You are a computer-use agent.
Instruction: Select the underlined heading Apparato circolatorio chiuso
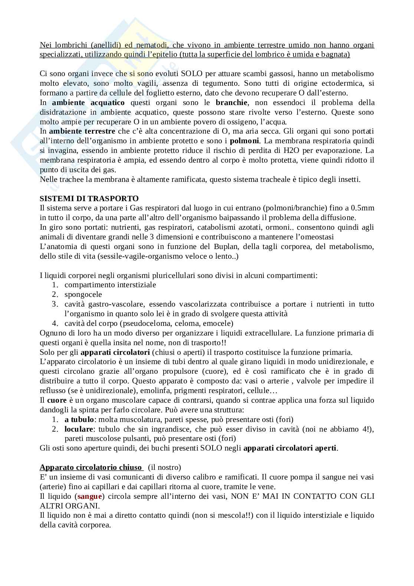click(x=91, y=467)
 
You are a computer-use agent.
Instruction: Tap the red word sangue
click(x=89, y=496)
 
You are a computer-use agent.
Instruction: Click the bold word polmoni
click(x=245, y=141)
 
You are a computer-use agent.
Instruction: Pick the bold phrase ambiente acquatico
click(x=88, y=102)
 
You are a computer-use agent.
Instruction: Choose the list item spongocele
click(x=83, y=294)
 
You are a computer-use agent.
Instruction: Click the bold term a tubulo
click(x=79, y=419)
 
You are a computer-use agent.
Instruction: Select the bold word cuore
click(x=57, y=400)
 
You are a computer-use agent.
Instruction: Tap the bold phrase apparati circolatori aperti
click(x=290, y=448)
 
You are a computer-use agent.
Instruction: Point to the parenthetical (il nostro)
click(x=164, y=467)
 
